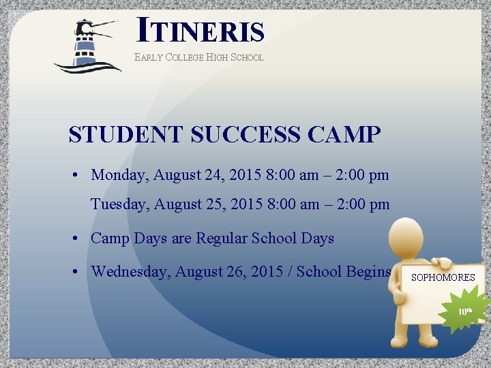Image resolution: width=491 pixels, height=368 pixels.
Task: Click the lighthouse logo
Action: [x=87, y=46]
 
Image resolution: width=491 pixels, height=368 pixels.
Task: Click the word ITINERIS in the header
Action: [x=200, y=30]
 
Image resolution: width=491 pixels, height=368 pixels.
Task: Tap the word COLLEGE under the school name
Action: [x=185, y=58]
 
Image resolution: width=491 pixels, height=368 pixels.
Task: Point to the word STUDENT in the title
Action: [x=126, y=134]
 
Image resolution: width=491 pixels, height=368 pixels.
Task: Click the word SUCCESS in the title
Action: [x=245, y=134]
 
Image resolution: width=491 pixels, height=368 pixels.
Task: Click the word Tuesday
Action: [x=119, y=204]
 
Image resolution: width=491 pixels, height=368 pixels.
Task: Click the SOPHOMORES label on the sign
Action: [x=443, y=277]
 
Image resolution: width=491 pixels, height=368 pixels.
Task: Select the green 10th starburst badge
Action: [x=465, y=311]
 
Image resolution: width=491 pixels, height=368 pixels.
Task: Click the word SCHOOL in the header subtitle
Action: [x=247, y=58]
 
